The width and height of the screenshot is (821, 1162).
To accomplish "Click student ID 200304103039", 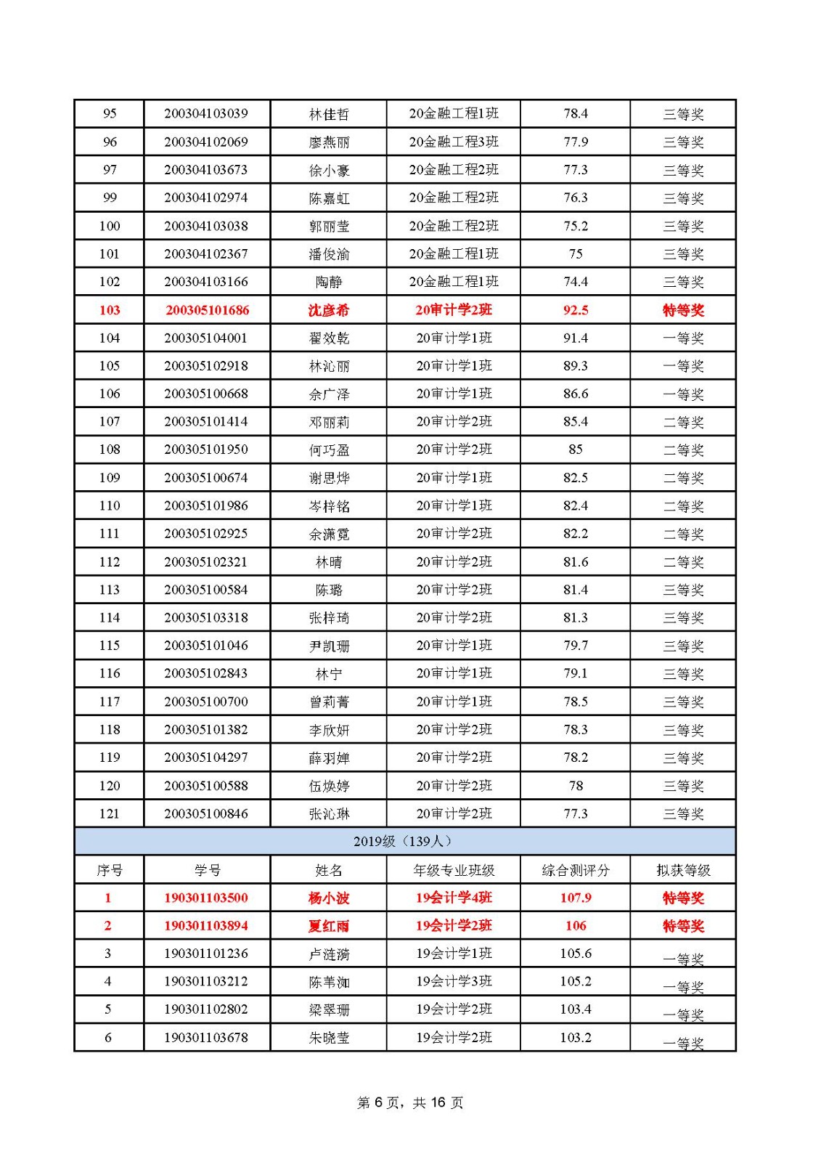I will [x=206, y=113].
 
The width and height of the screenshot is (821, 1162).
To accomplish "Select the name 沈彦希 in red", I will [x=329, y=310].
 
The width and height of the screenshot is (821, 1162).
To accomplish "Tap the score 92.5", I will [x=576, y=310].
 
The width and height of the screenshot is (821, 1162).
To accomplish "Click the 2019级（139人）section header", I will [x=404, y=841].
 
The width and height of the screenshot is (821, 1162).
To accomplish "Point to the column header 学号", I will [x=207, y=870].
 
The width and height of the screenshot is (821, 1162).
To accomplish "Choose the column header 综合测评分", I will [x=576, y=870].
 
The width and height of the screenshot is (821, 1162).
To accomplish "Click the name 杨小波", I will [x=329, y=898].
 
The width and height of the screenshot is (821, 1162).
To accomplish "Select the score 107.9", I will [x=576, y=898].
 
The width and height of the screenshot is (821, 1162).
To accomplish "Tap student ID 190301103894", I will [x=206, y=925].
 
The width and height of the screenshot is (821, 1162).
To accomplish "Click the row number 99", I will [x=110, y=198].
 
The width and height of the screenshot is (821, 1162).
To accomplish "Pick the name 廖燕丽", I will [x=329, y=142].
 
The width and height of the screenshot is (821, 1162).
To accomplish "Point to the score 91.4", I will [x=576, y=338].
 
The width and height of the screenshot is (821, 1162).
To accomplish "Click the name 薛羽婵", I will [x=329, y=757].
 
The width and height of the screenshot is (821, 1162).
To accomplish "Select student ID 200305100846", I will [x=206, y=813].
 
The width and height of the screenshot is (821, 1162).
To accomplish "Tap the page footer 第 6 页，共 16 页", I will [x=410, y=1102].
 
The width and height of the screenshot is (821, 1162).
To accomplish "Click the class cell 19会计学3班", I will [x=454, y=981].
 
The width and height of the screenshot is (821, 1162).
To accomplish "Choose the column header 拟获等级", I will [x=683, y=870].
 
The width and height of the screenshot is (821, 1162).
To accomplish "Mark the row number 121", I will [x=110, y=813].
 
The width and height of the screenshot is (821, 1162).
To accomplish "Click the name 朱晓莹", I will [x=329, y=1038].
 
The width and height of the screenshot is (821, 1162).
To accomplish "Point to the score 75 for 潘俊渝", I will [x=576, y=253].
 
